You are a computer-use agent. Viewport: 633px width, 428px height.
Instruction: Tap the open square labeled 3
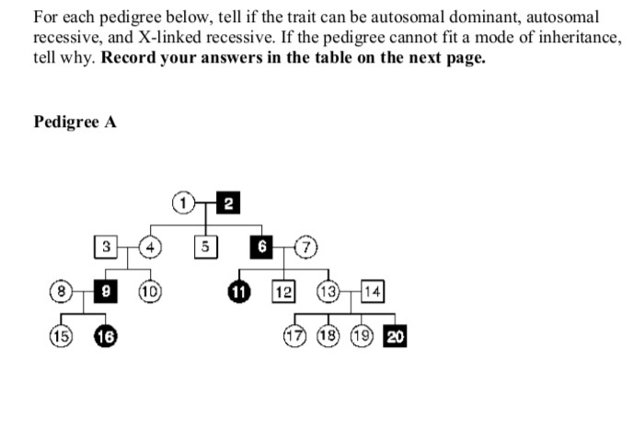tap(107, 248)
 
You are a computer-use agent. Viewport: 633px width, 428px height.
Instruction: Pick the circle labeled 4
tap(149, 248)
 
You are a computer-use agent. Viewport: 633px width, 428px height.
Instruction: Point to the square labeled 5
tap(208, 248)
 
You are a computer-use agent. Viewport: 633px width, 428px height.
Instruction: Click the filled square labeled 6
tap(263, 248)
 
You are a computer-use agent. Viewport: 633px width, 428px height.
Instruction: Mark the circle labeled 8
tap(63, 293)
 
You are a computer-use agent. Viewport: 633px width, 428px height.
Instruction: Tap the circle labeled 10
tap(149, 293)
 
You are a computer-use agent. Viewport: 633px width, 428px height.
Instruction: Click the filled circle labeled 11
tap(242, 293)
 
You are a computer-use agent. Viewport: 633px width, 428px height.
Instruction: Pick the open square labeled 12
tap(283, 293)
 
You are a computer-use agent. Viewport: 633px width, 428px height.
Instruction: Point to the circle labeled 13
tap(328, 293)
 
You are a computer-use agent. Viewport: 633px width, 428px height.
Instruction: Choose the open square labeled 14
tap(373, 293)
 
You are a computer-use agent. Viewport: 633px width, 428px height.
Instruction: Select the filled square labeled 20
tap(396, 336)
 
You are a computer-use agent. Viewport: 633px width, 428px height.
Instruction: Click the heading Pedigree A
tap(75, 121)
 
